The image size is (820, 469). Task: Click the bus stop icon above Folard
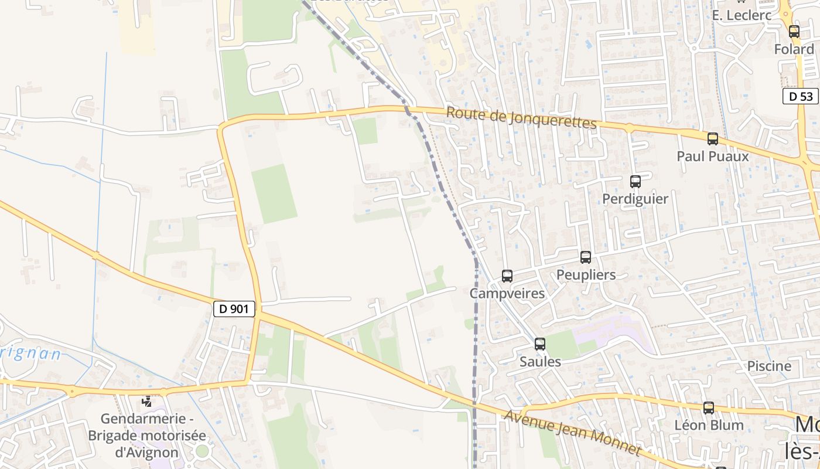pyautogui.click(x=794, y=32)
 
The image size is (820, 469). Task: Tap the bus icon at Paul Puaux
pyautogui.click(x=712, y=139)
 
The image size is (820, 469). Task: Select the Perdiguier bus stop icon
pyautogui.click(x=635, y=182)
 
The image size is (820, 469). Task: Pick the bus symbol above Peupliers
pyautogui.click(x=585, y=257)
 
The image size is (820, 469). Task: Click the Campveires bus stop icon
pyautogui.click(x=507, y=276)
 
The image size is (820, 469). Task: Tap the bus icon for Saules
pyautogui.click(x=539, y=344)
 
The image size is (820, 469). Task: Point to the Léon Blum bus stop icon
pyautogui.click(x=708, y=408)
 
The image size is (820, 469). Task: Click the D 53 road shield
pyautogui.click(x=800, y=96)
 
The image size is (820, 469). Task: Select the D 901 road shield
pyautogui.click(x=234, y=309)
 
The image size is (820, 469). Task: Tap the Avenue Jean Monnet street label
pyautogui.click(x=572, y=433)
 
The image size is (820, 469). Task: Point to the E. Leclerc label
pyautogui.click(x=742, y=15)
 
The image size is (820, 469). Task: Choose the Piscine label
pyautogui.click(x=768, y=366)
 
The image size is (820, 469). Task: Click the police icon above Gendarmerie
pyautogui.click(x=147, y=402)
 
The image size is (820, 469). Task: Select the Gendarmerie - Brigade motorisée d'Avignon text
pyautogui.click(x=147, y=436)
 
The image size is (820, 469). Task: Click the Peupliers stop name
pyautogui.click(x=586, y=275)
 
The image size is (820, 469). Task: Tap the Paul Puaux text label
pyautogui.click(x=712, y=157)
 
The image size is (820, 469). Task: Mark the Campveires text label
pyautogui.click(x=507, y=293)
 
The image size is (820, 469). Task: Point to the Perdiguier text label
pyautogui.click(x=635, y=199)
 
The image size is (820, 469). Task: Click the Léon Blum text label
pyautogui.click(x=709, y=425)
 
